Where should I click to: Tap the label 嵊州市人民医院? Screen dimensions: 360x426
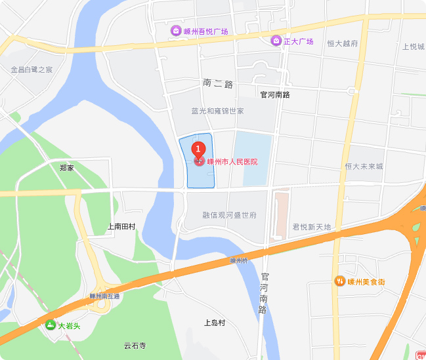tap(232, 161)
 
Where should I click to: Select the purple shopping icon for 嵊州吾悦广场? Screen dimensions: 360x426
tap(177, 31)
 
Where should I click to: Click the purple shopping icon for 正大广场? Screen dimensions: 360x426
tap(277, 41)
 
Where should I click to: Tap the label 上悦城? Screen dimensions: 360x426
tap(414, 47)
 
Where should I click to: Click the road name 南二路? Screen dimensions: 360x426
tap(218, 84)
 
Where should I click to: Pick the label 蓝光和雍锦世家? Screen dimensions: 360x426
tap(217, 111)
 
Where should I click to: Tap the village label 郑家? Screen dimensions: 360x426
tap(66, 168)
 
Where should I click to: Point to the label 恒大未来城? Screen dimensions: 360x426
tap(364, 167)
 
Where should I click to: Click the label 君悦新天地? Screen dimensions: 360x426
tap(312, 227)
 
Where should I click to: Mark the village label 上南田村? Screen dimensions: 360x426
tap(121, 227)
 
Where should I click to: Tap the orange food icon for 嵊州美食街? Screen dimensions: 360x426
tap(339, 281)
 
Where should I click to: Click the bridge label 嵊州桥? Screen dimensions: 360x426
tap(238, 261)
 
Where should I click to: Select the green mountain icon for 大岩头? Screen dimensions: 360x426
tap(51, 325)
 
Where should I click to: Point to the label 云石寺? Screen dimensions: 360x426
tap(135, 346)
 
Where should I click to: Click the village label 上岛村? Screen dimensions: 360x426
tap(214, 323)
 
